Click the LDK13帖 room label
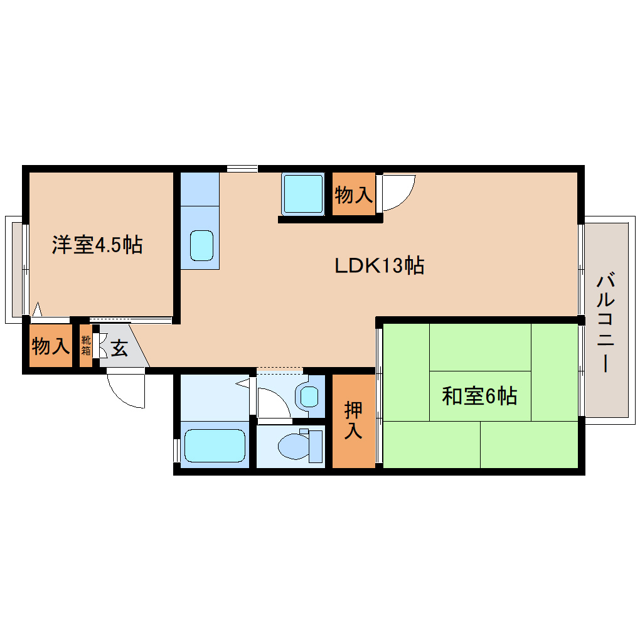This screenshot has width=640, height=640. click(x=379, y=266)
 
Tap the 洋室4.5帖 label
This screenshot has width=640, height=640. click(x=97, y=245)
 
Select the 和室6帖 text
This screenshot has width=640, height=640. click(x=479, y=396)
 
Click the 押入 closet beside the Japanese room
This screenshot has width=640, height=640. click(x=353, y=421)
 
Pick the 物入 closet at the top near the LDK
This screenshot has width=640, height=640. click(x=353, y=195)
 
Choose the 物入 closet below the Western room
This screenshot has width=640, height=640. click(x=50, y=346)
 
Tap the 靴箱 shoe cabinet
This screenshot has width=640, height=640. click(x=85, y=346)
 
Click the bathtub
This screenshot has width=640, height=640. click(x=213, y=445)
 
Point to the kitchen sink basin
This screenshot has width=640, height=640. click(x=201, y=245)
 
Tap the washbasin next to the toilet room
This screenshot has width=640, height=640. click(x=309, y=396)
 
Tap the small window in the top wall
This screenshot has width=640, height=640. click(x=242, y=168)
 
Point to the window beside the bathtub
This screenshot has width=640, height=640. click(x=176, y=450)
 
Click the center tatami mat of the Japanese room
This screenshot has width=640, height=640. click(x=480, y=396)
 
